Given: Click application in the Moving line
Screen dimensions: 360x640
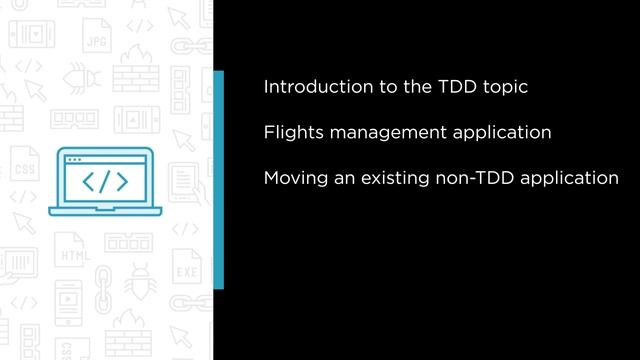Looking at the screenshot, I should pyautogui.click(x=570, y=180).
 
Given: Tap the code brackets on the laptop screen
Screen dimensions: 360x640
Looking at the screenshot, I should pyautogui.click(x=103, y=182).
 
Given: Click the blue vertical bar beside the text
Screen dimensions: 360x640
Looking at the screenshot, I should pyautogui.click(x=218, y=180).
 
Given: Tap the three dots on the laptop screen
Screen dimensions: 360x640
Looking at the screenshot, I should pyautogui.click(x=73, y=160).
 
